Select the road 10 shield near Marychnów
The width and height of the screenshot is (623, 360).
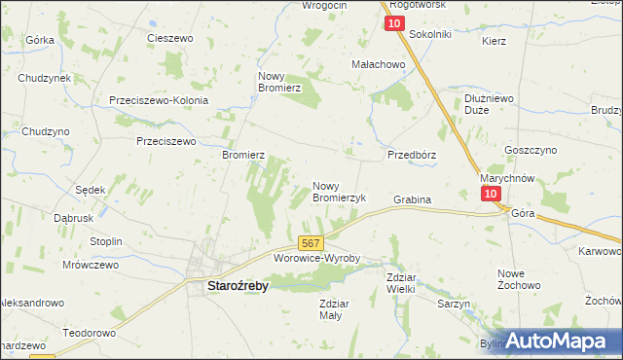[x=492, y=194]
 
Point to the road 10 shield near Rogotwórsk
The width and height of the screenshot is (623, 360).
[x=393, y=22]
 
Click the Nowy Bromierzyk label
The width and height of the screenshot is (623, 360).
[x=338, y=191]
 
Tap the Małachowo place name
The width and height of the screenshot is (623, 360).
[x=378, y=64]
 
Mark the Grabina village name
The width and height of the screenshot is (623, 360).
[x=412, y=199]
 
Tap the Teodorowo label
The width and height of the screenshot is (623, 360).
[x=89, y=332]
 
